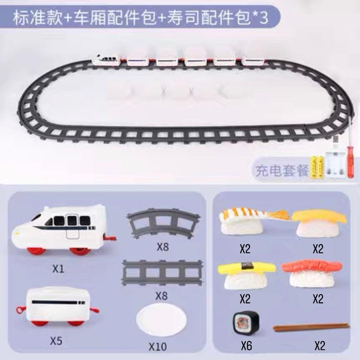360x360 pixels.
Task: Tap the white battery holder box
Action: tap(335, 165)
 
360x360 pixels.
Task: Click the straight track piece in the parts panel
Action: tap(162, 272)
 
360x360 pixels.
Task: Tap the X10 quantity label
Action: tap(158, 347)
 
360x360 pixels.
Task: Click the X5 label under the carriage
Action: tap(56, 341)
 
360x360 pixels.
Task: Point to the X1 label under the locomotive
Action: tap(58, 269)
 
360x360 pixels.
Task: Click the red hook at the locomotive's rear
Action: tap(110, 238)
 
